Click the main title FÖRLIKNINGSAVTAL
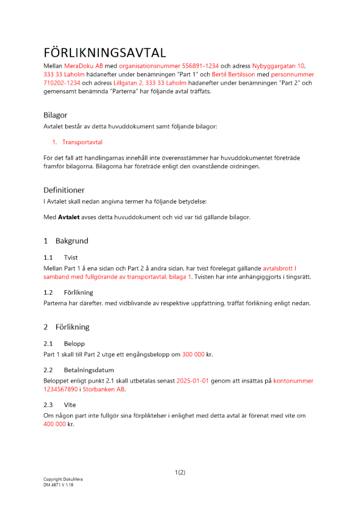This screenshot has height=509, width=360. pyautogui.click(x=104, y=53)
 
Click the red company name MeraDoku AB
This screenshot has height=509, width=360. pyautogui.click(x=84, y=66)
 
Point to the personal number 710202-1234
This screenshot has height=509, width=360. pyautogui.click(x=62, y=83)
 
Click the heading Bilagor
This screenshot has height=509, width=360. pyautogui.click(x=56, y=115)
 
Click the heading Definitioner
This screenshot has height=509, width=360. pyautogui.click(x=64, y=190)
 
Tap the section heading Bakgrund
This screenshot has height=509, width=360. pyautogui.click(x=72, y=241)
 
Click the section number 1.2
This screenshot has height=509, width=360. pyautogui.click(x=48, y=293)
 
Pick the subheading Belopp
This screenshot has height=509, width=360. pyautogui.click(x=74, y=344)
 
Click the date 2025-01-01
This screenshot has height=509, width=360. pyautogui.click(x=193, y=381)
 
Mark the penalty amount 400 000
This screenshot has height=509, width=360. pyautogui.click(x=55, y=424)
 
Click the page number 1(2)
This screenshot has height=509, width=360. pyautogui.click(x=180, y=472)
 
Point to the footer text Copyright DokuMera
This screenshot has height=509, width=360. pyautogui.click(x=63, y=479)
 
